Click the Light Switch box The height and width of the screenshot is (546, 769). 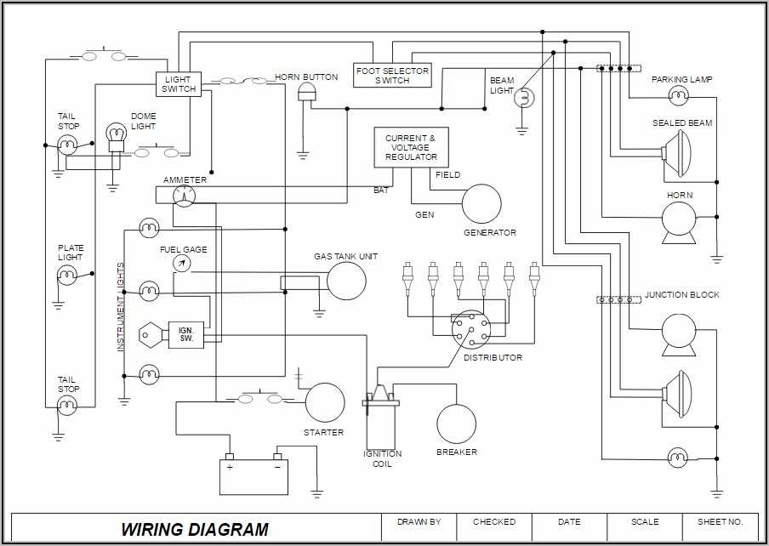178,84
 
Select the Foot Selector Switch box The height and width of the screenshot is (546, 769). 392,75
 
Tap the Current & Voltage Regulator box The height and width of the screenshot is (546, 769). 411,147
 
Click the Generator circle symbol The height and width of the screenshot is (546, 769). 481,203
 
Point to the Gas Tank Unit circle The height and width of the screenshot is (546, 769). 346,281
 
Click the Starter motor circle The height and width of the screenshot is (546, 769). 325,402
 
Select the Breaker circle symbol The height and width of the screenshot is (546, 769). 456,424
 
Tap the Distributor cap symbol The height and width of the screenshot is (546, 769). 470,329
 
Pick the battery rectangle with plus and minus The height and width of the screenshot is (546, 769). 253,475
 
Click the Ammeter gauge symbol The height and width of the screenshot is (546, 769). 184,196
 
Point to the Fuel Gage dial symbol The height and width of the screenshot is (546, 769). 180,264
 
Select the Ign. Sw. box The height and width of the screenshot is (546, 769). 185,333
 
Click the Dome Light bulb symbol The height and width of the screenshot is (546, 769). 115,136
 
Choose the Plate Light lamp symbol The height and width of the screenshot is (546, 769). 67,275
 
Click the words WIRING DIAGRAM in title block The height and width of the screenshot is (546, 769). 194,529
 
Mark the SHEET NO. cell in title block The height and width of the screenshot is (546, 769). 720,521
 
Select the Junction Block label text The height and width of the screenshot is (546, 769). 681,294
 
